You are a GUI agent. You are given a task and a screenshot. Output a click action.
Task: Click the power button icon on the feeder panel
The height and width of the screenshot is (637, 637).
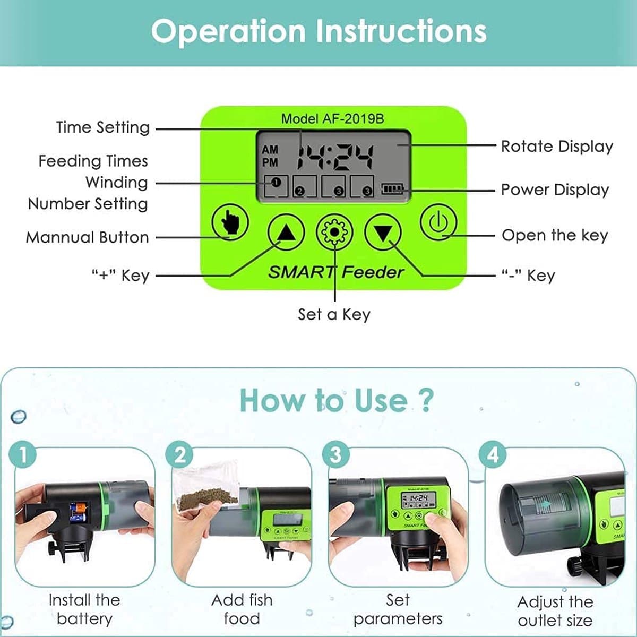click(x=438, y=222)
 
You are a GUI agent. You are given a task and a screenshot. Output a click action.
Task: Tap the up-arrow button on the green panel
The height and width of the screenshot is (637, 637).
click(x=286, y=232)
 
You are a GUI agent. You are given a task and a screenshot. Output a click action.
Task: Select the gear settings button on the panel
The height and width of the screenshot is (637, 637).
click(x=334, y=232)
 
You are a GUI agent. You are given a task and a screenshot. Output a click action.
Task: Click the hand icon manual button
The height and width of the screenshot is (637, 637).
click(x=230, y=222)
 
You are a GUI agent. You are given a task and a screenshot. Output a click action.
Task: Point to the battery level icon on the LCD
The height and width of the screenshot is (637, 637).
click(x=392, y=189)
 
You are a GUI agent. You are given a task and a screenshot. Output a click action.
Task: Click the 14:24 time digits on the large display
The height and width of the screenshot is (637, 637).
click(x=335, y=158)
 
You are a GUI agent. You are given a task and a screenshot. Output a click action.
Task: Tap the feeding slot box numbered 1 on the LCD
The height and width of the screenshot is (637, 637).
click(x=276, y=186)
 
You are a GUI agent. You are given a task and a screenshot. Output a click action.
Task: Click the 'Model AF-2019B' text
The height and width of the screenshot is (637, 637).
click(x=332, y=119)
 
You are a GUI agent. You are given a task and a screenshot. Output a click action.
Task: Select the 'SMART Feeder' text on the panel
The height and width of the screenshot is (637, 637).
click(x=336, y=272)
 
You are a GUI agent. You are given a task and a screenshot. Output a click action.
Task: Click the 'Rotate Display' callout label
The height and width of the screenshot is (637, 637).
click(x=557, y=147)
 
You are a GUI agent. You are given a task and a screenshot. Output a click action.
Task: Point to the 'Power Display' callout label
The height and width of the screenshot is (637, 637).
click(x=555, y=190)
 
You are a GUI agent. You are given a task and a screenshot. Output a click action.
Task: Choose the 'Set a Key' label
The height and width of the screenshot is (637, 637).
click(x=334, y=314)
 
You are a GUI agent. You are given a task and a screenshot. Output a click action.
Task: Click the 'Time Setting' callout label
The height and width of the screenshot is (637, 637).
click(x=103, y=127)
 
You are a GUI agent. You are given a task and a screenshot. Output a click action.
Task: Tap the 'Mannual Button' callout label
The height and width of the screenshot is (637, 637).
click(x=88, y=237)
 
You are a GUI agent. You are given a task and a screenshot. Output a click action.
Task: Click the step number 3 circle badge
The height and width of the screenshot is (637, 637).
click(x=336, y=454)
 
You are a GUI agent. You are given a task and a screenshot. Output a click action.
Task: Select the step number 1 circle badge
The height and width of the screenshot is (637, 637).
click(x=23, y=454)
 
